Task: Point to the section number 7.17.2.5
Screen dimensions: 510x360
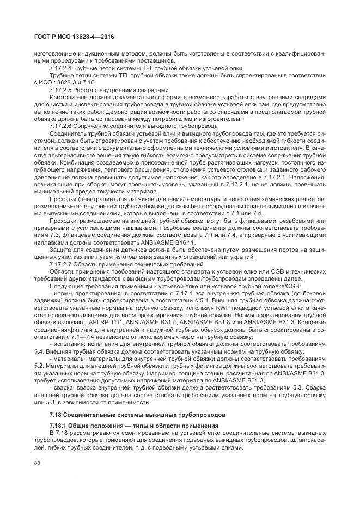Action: coord(62,89)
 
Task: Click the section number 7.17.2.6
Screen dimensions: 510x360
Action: coord(62,125)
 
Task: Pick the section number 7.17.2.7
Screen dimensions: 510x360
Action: coord(62,263)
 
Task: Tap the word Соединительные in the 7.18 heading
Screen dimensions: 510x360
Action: coord(87,415)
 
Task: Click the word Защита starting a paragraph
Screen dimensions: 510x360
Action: coord(60,249)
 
